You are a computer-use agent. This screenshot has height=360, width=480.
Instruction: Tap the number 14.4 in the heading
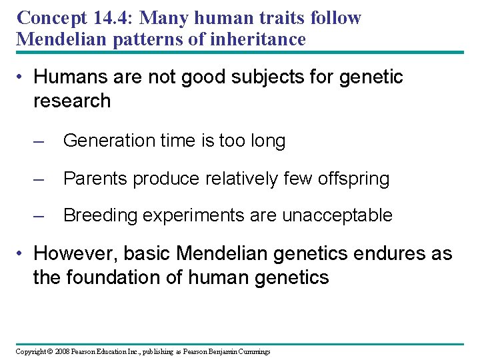(x=123, y=17)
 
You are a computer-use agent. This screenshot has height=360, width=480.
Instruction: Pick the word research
(x=72, y=101)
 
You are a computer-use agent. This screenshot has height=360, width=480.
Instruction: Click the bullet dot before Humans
(x=23, y=78)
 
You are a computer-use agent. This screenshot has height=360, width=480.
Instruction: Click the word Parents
(x=95, y=179)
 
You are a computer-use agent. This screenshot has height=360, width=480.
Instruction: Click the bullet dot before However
(x=23, y=255)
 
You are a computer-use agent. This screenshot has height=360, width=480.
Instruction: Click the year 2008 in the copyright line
(x=63, y=351)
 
